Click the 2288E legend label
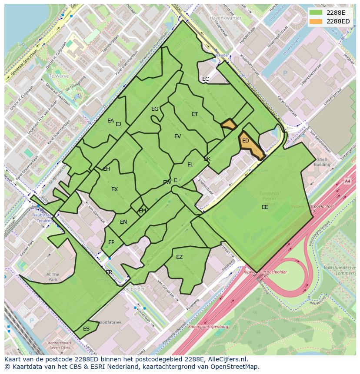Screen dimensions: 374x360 click(x=336, y=12)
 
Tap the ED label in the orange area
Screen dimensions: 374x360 click(x=246, y=141)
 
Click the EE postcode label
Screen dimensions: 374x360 click(x=265, y=207)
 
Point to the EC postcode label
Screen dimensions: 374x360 click(x=206, y=79)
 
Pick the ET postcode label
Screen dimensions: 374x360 click(x=195, y=114)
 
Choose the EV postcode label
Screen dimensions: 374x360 click(x=177, y=136)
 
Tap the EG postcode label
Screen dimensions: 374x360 click(x=155, y=109)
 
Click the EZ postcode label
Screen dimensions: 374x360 click(x=179, y=257)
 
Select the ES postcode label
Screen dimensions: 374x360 click(x=86, y=329)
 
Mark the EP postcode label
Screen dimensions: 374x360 click(x=111, y=242)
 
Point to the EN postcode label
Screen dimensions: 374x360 click(x=123, y=222)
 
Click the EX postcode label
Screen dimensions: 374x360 click(x=114, y=189)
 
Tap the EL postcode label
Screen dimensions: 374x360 click(x=190, y=165)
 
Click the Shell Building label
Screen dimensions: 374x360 click(x=322, y=162)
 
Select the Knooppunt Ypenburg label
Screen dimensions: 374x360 click(x=208, y=327)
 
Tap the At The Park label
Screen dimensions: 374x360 click(x=53, y=277)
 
